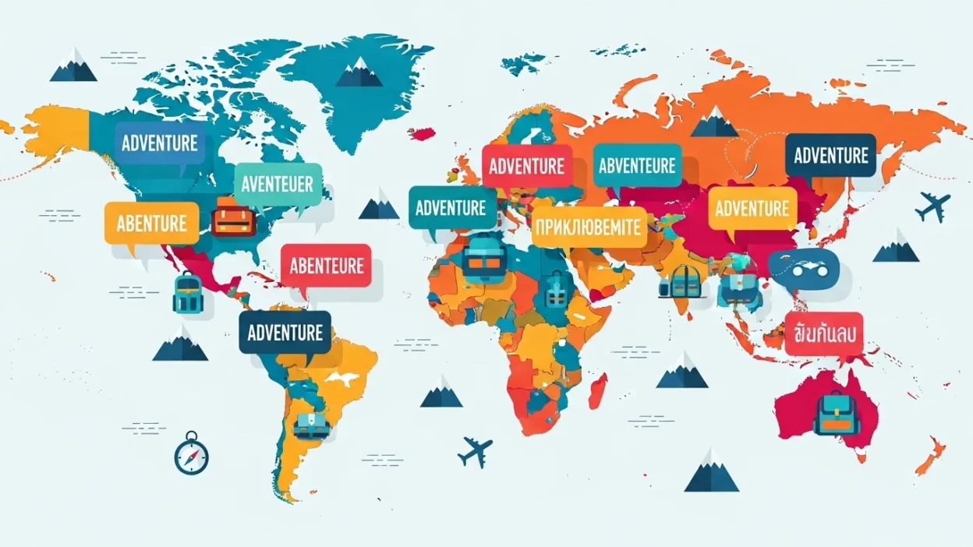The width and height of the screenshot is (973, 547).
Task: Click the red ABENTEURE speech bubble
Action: (327, 266)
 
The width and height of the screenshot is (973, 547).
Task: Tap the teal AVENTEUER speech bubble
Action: (278, 185)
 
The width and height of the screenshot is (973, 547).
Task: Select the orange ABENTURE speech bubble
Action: (151, 224)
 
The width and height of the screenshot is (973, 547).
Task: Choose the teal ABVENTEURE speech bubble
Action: (637, 165)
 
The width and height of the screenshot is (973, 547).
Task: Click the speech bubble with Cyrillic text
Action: (589, 228)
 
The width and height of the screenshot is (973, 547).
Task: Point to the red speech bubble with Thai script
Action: (824, 333)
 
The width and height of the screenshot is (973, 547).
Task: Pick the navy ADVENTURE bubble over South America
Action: (285, 333)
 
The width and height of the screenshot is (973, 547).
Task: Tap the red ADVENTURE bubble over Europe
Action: (526, 166)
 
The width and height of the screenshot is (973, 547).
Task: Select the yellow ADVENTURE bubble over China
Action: (752, 208)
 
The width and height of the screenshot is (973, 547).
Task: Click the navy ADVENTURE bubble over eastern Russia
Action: (830, 155)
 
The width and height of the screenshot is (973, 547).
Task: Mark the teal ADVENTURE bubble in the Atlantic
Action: (451, 208)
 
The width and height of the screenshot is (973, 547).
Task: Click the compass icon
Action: (192, 453)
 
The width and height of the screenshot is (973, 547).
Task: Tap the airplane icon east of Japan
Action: (933, 206)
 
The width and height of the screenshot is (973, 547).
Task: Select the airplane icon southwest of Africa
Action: (475, 451)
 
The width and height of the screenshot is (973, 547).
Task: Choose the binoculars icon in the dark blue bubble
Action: (802, 268)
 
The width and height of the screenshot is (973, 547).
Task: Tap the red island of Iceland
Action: (423, 133)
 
